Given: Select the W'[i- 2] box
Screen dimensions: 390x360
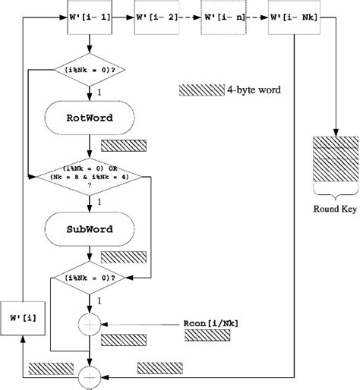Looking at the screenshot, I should click(x=157, y=17).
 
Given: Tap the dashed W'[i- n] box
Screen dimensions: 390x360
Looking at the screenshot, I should click(x=224, y=17).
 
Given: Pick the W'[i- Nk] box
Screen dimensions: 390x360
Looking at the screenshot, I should click(x=293, y=17).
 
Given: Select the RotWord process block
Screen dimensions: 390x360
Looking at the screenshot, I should click(x=90, y=118).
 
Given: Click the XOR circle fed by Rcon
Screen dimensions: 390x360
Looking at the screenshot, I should click(x=90, y=324).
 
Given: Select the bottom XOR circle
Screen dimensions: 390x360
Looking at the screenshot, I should click(x=90, y=373).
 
